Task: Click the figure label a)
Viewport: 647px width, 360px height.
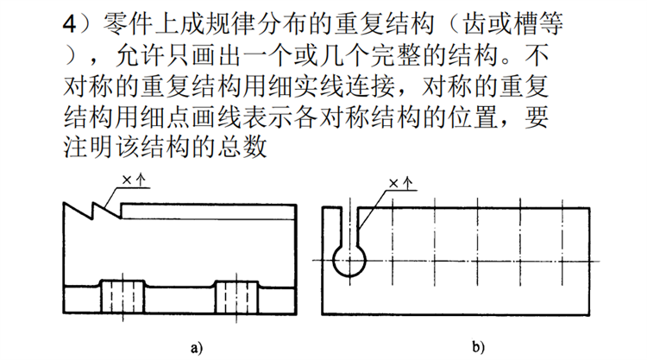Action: click(197, 348)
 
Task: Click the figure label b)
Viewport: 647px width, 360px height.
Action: click(478, 347)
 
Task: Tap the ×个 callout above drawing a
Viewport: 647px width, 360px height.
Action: click(134, 180)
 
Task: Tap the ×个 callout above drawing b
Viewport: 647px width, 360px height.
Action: click(401, 183)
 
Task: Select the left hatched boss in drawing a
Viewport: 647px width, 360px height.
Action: click(123, 296)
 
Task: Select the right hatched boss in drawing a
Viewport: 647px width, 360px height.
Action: click(237, 296)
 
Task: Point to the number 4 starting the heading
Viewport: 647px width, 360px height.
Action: click(69, 24)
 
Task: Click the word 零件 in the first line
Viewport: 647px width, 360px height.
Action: click(127, 24)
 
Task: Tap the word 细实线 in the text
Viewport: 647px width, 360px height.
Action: click(306, 85)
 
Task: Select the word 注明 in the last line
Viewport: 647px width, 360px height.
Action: click(88, 147)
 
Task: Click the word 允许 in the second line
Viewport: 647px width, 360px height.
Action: click(141, 55)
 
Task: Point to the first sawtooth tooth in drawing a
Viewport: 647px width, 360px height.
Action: click(78, 210)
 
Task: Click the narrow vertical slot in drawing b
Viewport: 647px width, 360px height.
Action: click(349, 227)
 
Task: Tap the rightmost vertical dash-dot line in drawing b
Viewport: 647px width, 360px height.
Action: click(562, 242)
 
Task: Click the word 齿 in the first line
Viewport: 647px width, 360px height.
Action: click(474, 24)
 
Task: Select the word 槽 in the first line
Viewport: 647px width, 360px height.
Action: click(525, 24)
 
